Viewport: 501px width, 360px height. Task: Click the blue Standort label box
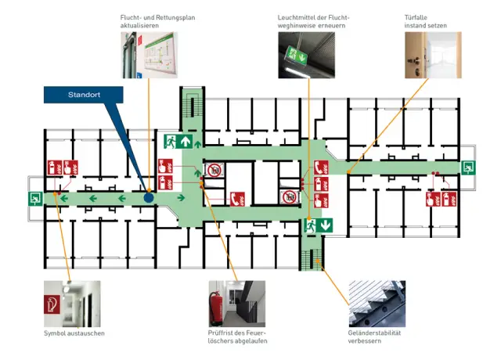click(x=84, y=95)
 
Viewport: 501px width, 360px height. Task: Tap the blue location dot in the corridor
click(x=149, y=198)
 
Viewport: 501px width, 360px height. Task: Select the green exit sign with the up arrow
click(x=178, y=142)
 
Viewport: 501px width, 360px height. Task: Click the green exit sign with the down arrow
click(x=319, y=225)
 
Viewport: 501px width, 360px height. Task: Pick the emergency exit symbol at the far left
click(x=35, y=199)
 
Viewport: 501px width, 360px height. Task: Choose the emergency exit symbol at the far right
click(x=468, y=167)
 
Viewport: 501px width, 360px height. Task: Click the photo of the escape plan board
click(x=149, y=55)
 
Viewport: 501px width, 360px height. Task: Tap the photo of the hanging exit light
click(x=306, y=55)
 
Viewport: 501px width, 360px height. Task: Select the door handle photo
click(x=433, y=55)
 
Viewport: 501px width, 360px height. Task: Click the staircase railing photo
click(x=377, y=304)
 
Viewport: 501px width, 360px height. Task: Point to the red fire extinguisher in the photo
click(x=215, y=308)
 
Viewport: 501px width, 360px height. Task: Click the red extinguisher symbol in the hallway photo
click(x=52, y=304)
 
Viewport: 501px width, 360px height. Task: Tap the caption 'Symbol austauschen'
click(x=74, y=333)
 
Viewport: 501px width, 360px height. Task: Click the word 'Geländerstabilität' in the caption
click(x=374, y=333)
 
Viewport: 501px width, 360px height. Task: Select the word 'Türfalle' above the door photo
click(x=416, y=17)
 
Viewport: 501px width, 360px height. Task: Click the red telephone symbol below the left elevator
click(x=238, y=200)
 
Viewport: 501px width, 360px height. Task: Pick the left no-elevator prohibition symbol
click(x=213, y=171)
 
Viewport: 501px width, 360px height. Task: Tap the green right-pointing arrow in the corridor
click(x=181, y=198)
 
